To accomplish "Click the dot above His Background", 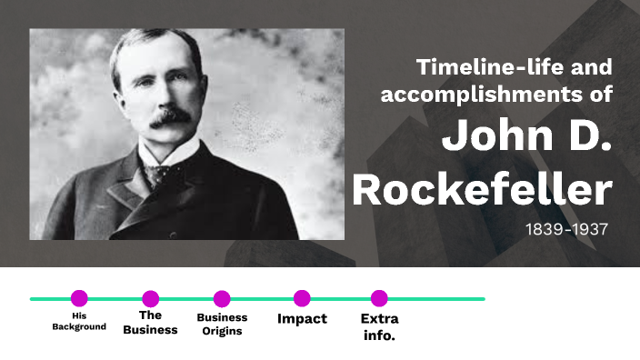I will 79,298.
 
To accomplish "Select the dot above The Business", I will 151,298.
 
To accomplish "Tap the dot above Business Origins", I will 222,298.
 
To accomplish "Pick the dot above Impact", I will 302,298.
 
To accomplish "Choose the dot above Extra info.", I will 379,298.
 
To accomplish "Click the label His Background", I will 79,321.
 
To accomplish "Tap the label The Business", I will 151,323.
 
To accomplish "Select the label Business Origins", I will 222,325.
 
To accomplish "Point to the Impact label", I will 302,319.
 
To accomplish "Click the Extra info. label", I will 379,326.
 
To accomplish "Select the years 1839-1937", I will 565,228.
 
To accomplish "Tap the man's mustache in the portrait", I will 171,116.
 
